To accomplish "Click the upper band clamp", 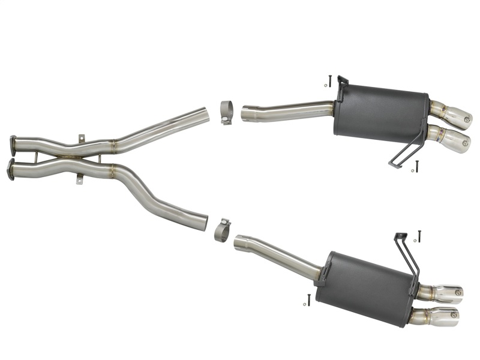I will (227, 113).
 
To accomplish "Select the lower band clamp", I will (222, 230).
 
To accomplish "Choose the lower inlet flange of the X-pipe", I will (10, 169).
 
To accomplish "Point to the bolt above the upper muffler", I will (330, 80).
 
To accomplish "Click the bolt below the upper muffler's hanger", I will (416, 166).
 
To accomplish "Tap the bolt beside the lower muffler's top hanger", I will (419, 236).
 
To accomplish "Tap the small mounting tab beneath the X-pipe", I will (79, 178).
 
